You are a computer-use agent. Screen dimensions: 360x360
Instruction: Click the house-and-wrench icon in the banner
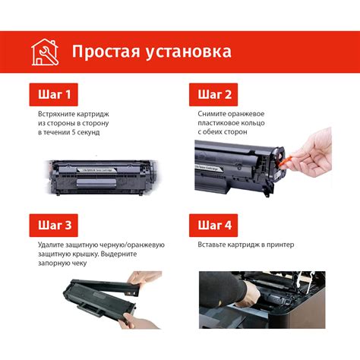(45, 52)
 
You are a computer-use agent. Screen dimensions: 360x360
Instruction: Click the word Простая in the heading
(106, 52)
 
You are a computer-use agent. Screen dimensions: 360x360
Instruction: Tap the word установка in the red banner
(188, 52)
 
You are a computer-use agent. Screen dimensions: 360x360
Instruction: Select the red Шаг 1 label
(54, 94)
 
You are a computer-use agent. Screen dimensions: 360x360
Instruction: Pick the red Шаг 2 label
(213, 94)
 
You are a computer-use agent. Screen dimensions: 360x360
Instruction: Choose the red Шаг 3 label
(54, 226)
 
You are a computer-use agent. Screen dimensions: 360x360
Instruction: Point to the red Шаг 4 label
(213, 226)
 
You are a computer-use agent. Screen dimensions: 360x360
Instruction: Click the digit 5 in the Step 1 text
(74, 132)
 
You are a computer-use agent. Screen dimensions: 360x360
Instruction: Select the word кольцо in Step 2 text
(252, 123)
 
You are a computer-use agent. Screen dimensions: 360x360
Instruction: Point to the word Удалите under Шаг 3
(51, 245)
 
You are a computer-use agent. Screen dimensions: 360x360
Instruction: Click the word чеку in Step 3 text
(79, 264)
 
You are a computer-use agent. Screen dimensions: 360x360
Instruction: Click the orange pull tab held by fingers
(286, 162)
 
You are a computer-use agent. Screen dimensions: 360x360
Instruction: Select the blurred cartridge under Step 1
(102, 177)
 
